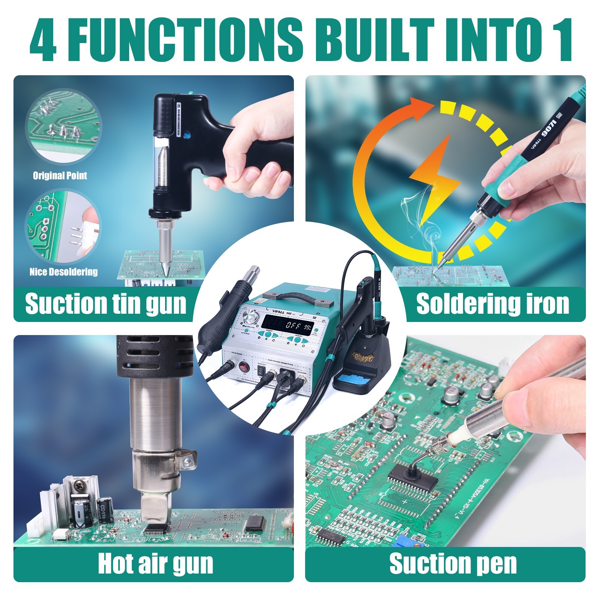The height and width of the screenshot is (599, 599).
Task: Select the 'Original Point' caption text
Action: (x=60, y=176)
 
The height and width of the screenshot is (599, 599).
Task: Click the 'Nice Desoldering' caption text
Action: (x=64, y=272)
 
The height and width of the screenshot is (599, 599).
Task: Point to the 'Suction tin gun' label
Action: (x=106, y=304)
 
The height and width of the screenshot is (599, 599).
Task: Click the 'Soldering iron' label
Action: (x=492, y=304)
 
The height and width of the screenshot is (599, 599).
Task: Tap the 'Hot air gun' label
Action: (x=155, y=564)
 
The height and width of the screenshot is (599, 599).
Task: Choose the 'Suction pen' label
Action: (x=453, y=564)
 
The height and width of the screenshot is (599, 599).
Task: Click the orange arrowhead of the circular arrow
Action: (x=421, y=109)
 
